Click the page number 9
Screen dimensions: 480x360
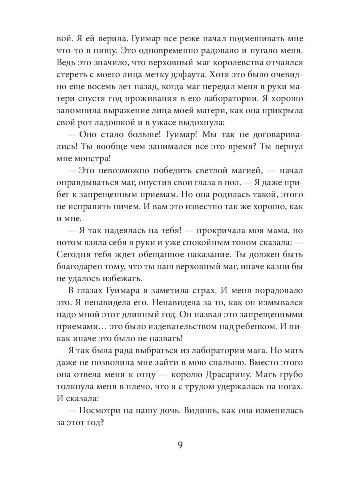pyautogui.click(x=180, y=445)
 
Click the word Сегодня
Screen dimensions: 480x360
pyautogui.click(x=74, y=255)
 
